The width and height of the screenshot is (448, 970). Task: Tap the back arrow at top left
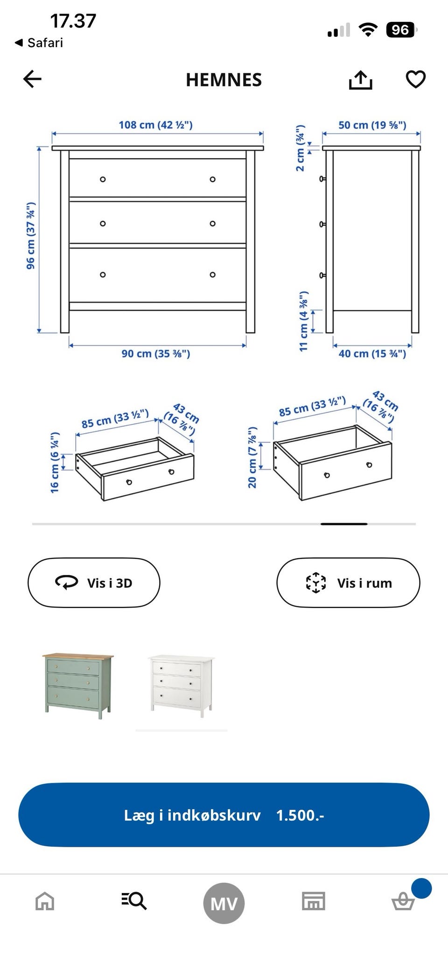click(32, 79)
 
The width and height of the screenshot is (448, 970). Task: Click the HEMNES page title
click(224, 80)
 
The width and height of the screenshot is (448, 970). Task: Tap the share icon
click(360, 80)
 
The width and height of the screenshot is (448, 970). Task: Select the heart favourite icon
click(415, 79)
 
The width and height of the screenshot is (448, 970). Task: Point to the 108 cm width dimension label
click(155, 125)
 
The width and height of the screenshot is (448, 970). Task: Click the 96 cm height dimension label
click(30, 236)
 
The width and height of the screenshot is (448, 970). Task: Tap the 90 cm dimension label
click(156, 353)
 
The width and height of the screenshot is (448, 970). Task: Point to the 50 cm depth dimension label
click(372, 125)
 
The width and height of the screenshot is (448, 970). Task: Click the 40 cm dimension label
click(372, 354)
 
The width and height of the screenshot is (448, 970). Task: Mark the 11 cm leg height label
click(303, 321)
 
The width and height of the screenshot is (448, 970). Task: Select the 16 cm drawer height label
click(55, 463)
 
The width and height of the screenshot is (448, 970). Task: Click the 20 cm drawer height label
click(252, 457)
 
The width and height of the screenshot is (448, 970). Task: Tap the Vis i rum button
click(348, 583)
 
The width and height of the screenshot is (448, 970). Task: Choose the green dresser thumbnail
click(78, 686)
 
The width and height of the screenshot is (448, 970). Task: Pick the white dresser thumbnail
click(182, 686)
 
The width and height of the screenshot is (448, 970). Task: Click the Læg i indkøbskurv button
click(224, 815)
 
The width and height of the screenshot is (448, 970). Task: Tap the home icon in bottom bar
click(45, 901)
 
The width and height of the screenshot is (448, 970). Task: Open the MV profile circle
click(224, 903)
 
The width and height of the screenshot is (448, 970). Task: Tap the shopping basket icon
click(403, 901)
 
